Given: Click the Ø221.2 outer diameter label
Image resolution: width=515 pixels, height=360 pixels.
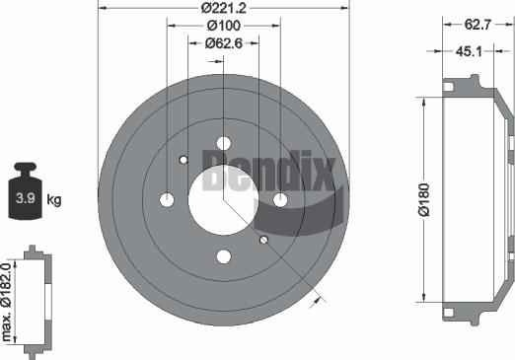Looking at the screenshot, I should [x=224, y=10].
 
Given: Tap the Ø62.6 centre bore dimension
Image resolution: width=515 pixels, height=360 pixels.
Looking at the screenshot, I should [x=224, y=43].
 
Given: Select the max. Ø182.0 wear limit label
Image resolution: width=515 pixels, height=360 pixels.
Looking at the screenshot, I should [x=9, y=300].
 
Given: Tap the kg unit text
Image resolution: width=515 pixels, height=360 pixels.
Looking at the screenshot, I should [x=54, y=200].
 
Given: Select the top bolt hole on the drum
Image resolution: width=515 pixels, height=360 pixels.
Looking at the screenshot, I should [x=223, y=143].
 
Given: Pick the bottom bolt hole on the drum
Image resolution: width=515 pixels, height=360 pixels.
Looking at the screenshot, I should [x=223, y=257].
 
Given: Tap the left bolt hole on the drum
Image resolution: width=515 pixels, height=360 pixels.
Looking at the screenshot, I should [x=167, y=200].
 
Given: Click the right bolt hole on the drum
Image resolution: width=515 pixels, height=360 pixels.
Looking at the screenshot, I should [x=280, y=200].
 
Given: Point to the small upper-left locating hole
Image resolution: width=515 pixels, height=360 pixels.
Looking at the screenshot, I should [x=184, y=160].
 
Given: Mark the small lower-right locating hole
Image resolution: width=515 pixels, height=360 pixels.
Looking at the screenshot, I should [x=263, y=240].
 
